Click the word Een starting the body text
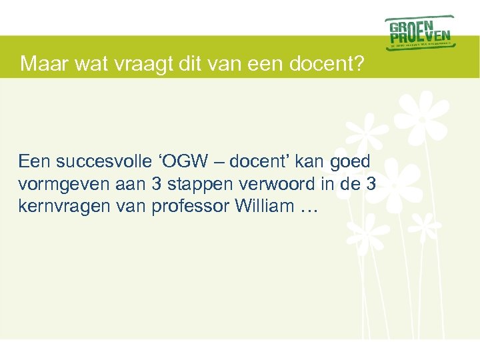35,162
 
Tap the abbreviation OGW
186,162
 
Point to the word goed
351,162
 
